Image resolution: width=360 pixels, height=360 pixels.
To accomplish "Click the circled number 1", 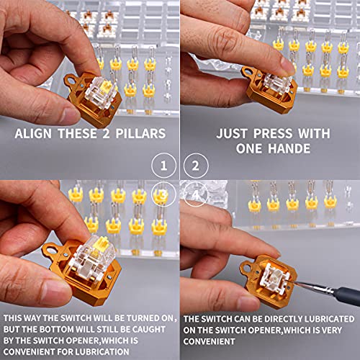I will pos(165,166).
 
